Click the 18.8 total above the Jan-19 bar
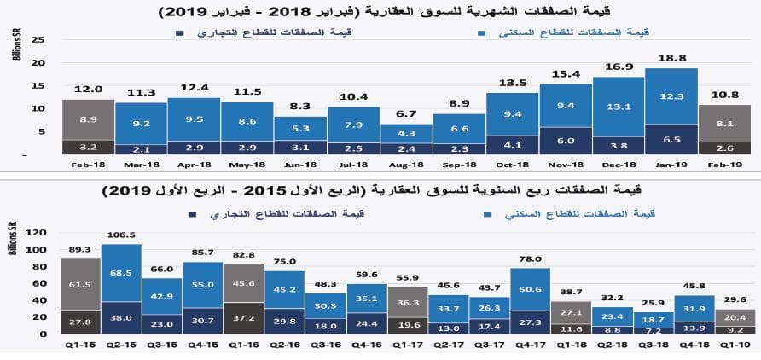tap(671, 58)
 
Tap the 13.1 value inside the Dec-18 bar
tap(618, 107)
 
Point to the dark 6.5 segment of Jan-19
tap(671, 138)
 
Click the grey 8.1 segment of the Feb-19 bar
tap(723, 123)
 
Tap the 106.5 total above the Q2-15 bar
tap(122, 234)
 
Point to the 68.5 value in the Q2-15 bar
tap(122, 273)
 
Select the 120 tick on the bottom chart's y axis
tap(33, 231)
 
